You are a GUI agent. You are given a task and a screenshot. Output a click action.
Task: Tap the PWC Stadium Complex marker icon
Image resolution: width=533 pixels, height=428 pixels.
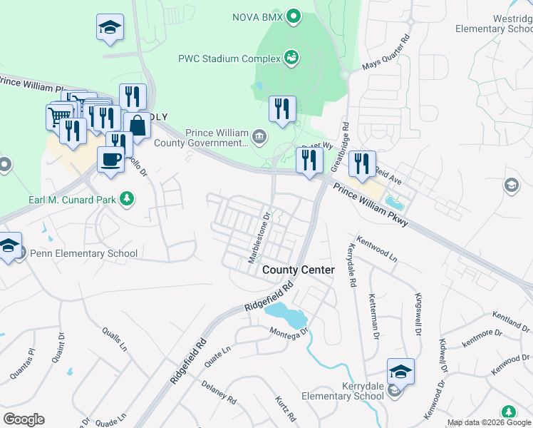291,57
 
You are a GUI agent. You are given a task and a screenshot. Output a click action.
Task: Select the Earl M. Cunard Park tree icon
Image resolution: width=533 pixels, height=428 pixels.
127,198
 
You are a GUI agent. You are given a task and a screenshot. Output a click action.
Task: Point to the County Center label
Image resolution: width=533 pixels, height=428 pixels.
298,270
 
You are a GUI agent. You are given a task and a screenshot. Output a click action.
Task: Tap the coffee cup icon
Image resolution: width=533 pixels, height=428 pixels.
110,158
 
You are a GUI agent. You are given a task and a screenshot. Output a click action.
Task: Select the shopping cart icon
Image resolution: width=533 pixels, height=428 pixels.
58,115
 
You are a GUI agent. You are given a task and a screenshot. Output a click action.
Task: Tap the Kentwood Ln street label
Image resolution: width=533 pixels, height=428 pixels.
376,250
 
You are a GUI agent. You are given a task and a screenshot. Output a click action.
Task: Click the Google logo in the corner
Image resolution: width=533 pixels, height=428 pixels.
23,419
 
